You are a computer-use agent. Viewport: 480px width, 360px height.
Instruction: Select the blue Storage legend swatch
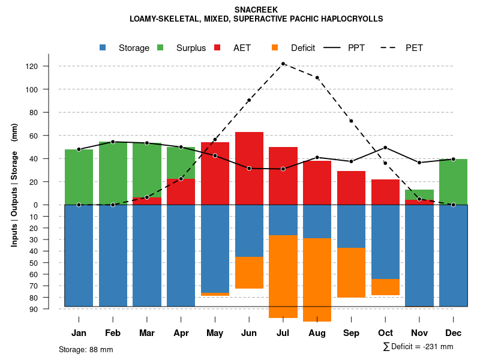(103, 47)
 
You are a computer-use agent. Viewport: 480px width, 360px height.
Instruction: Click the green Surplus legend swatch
(161, 47)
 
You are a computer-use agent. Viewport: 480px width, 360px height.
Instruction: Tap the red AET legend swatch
(218, 47)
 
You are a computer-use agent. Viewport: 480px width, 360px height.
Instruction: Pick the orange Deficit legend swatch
(275, 47)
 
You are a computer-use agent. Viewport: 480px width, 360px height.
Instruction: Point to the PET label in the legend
(414, 48)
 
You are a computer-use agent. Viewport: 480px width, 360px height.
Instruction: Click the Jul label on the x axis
(283, 333)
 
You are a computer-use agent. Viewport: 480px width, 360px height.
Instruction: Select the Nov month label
(419, 333)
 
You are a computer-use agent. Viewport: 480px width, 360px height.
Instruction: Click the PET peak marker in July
(283, 64)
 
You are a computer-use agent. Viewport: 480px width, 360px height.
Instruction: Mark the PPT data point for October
(385, 148)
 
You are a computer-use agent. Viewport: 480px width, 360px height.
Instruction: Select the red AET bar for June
(249, 168)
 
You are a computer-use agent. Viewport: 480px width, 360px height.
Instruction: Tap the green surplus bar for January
(79, 177)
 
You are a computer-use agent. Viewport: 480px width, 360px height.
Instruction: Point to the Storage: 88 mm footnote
(86, 349)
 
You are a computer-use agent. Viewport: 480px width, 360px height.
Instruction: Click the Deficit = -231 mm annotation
(418, 347)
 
